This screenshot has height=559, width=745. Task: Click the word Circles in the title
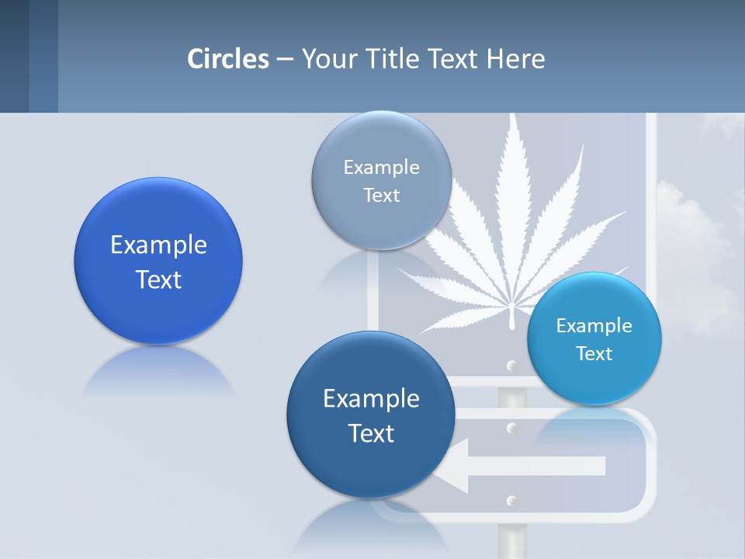pos(228,59)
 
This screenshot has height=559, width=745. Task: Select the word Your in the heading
pos(326,59)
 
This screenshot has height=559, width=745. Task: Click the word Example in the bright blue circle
pos(158,245)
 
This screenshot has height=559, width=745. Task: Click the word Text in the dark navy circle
pos(371,433)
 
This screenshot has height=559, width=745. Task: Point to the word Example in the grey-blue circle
pos(381,167)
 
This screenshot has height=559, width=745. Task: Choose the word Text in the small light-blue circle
pos(594,354)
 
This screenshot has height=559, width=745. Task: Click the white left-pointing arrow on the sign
pos(528,466)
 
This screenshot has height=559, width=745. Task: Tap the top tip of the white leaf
pos(513,116)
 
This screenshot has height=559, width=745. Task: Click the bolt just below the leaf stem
pos(511,365)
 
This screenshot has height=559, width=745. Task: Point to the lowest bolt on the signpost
pos(511,500)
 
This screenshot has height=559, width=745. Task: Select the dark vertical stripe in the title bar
pos(43,56)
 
